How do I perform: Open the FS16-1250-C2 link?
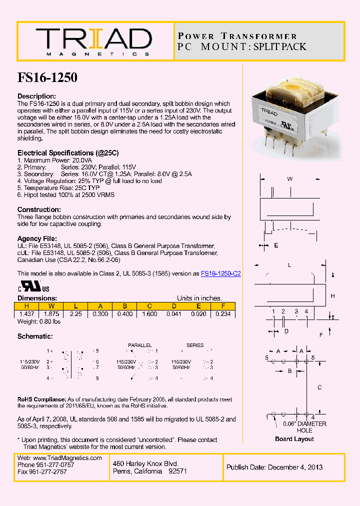(x=220, y=274)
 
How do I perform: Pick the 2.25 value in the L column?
(x=75, y=314)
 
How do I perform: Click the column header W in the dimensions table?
(x=51, y=306)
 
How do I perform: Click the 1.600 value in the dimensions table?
(x=149, y=314)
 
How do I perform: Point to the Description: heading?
(x=36, y=96)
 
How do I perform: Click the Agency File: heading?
(x=37, y=239)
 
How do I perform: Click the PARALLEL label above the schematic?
(x=139, y=345)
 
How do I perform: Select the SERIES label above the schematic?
(x=195, y=345)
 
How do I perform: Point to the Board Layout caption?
(x=294, y=439)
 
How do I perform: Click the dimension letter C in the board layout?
(x=319, y=387)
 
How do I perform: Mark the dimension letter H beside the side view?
(x=332, y=296)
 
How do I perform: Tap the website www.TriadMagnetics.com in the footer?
(x=67, y=458)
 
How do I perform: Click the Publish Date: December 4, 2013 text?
(x=274, y=467)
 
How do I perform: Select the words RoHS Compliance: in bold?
(x=41, y=399)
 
